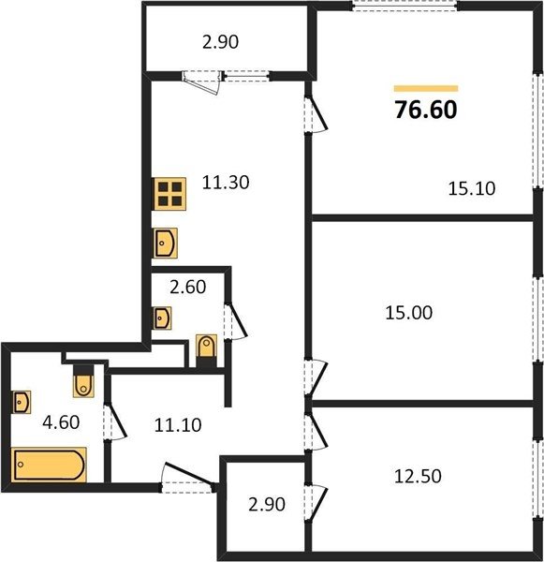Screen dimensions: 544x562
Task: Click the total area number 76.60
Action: (426, 110)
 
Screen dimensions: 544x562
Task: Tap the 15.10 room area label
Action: (472, 188)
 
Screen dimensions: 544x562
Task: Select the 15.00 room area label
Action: (408, 313)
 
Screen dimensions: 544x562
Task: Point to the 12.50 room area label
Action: (418, 477)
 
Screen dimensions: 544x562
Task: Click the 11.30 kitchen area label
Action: (226, 183)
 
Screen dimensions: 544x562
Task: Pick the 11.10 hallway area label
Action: (178, 425)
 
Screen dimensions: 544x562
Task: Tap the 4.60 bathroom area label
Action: (61, 422)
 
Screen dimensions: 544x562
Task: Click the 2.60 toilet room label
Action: (188, 287)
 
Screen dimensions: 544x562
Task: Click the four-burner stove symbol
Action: (169, 194)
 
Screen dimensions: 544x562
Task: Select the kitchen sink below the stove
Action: (165, 243)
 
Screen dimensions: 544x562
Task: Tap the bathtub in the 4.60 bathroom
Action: (49, 465)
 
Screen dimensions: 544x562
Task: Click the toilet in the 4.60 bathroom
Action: (83, 381)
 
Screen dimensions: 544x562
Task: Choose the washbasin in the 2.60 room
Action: (162, 318)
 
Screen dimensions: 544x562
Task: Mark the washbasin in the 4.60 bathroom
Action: (22, 402)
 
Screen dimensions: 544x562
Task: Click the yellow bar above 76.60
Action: (426, 89)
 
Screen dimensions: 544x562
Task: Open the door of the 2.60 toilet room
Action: (235, 321)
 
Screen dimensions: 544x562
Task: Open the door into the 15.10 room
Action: (316, 113)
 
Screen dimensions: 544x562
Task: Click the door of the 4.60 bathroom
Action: (115, 421)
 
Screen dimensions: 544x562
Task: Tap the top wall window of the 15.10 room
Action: (404, 7)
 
